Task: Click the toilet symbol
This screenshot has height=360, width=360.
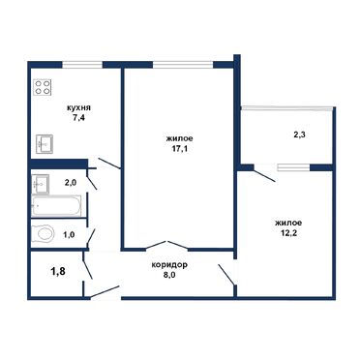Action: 45,233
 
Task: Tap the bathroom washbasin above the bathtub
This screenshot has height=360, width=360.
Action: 42,183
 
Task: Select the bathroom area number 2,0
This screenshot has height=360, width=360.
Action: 71,182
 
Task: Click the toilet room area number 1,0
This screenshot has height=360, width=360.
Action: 71,233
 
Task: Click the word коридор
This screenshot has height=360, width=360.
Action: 168,264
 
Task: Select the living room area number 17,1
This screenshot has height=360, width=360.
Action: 179,151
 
